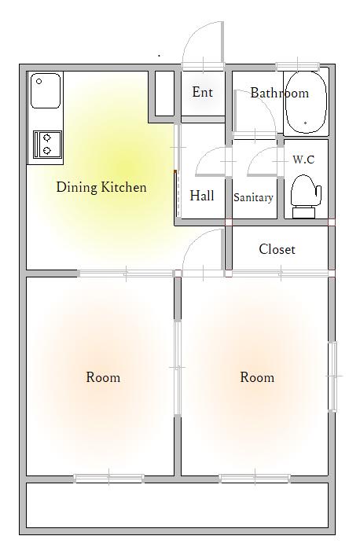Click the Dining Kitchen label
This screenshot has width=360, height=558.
click(101, 187)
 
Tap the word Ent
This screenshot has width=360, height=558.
click(202, 92)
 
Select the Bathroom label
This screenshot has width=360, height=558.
click(280, 93)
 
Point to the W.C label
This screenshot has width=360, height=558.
click(303, 159)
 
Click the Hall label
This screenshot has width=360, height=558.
click(201, 196)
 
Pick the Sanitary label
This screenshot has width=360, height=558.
click(253, 197)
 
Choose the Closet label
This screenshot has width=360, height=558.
click(277, 249)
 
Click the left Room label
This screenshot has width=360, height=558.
click(103, 377)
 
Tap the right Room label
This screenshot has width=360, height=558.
click(257, 377)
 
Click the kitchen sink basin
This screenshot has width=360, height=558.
click(46, 90)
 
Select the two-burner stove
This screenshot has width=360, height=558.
click(47, 145)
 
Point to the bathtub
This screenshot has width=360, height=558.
click(307, 102)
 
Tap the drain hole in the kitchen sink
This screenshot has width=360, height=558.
click(39, 82)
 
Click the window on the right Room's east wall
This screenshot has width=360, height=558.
click(332, 376)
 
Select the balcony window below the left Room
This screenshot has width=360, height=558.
click(109, 479)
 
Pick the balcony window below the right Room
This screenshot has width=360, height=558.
click(255, 479)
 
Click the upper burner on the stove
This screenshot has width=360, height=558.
click(47, 138)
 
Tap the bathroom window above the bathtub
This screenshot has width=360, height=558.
click(298, 66)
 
